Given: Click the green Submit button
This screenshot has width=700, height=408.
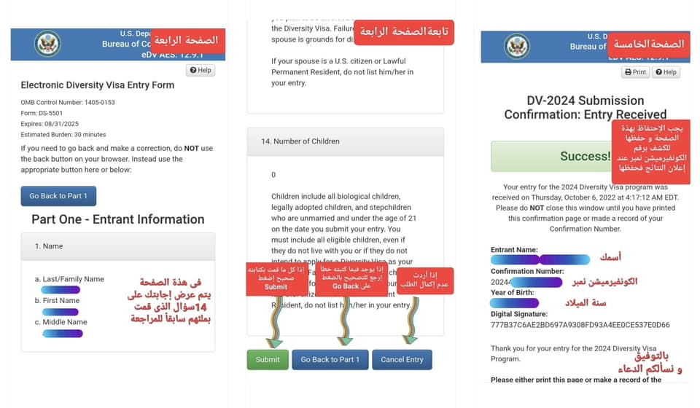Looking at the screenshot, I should pos(268,359).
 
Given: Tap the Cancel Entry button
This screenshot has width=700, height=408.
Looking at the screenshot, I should pos(402,359).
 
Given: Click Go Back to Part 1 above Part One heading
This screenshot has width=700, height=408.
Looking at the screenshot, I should pos(58,196).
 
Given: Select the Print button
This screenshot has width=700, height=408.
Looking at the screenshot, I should pos(635,72).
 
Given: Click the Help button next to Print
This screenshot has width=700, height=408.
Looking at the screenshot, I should pos(666,72).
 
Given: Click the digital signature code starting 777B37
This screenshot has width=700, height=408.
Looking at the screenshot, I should pos(580,325).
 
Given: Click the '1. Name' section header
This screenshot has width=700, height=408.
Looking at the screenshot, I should pos(49,246).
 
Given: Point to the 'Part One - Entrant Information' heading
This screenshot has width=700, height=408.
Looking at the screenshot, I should pos(117,219).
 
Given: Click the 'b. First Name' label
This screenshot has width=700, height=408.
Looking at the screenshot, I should pos(57,300).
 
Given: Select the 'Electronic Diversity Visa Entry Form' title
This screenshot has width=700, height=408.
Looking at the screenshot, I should pos(97,85).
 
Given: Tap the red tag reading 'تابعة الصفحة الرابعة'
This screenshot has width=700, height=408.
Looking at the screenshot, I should pos(413,32).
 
